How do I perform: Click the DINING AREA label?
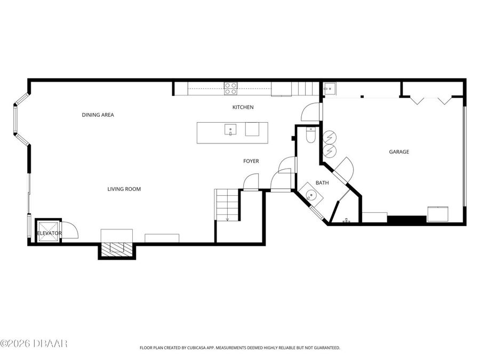pyautogui.click(x=98, y=115)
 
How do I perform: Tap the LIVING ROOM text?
pyautogui.click(x=124, y=189)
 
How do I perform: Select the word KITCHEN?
pyautogui.click(x=243, y=107)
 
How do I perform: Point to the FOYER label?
pyautogui.click(x=251, y=161)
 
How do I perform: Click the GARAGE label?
pyautogui.click(x=398, y=152)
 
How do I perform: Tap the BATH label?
pyautogui.click(x=322, y=183)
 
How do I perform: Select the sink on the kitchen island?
pyautogui.click(x=230, y=129)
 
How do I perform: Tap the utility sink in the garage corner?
pyautogui.click(x=329, y=89)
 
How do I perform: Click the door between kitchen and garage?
pyautogui.click(x=312, y=111)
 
